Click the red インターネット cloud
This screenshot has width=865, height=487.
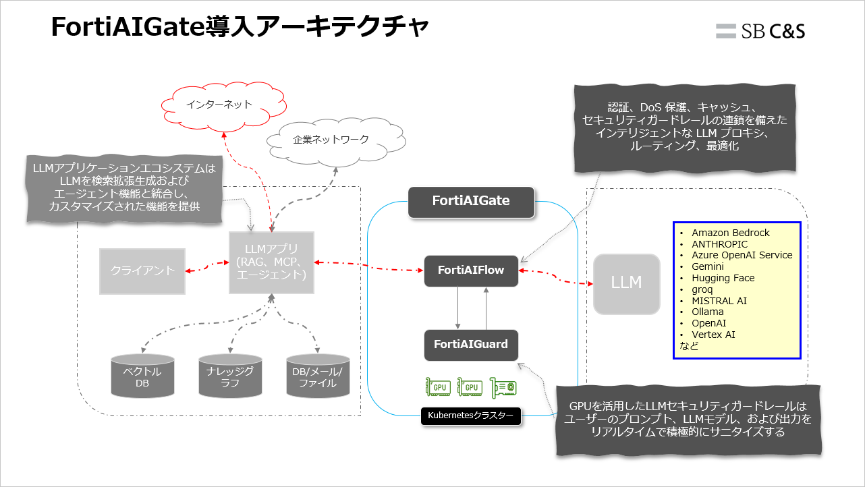219,105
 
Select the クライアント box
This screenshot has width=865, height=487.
142,270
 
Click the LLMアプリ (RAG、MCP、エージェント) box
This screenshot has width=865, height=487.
271,263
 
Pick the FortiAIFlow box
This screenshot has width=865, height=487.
471,270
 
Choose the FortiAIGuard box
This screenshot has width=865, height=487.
471,345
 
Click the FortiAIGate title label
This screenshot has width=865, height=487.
471,201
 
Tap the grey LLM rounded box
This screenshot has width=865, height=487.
626,283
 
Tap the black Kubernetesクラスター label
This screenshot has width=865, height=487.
471,416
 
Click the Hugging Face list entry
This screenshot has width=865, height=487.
723,278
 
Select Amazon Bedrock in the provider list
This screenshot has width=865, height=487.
730,233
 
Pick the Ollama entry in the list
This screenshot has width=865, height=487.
707,312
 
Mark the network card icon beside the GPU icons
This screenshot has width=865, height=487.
503,387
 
